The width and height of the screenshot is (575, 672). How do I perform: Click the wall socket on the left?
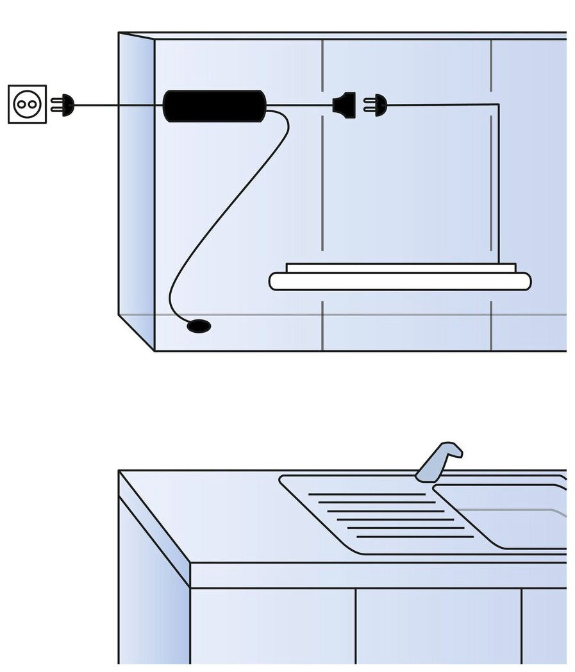click(28, 103)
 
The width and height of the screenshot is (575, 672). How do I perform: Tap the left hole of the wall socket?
click(22, 104)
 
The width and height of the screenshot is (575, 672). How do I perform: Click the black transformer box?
click(214, 106)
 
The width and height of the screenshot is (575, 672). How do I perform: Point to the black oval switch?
click(198, 326)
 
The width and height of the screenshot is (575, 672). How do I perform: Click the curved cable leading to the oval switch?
click(231, 212)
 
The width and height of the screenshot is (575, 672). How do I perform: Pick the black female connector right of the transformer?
click(346, 105)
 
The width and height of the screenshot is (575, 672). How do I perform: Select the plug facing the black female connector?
click(378, 105)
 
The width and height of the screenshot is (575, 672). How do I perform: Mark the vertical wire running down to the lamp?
click(498, 186)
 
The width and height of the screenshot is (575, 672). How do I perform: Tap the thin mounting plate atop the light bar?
click(401, 267)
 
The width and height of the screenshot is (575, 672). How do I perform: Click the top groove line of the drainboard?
click(366, 494)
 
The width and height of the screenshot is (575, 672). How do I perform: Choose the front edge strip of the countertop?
click(378, 575)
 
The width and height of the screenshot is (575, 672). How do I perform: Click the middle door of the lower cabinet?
click(438, 625)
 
